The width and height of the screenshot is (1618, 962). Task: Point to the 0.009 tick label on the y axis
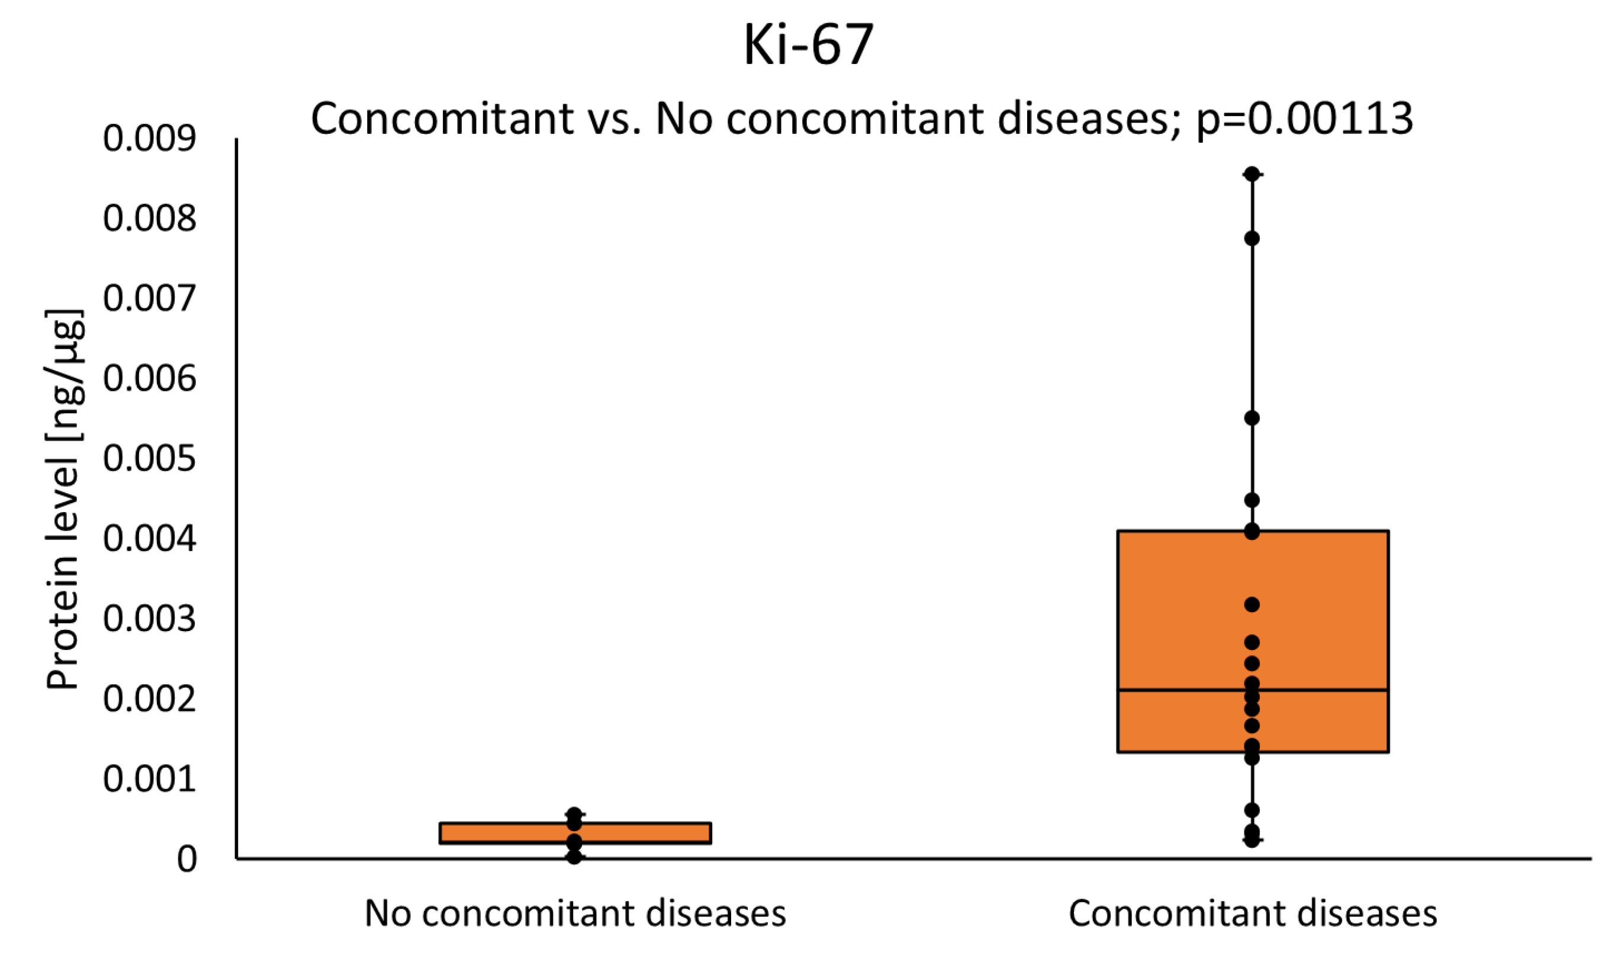tap(149, 138)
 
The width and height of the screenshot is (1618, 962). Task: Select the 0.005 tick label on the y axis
tap(149, 458)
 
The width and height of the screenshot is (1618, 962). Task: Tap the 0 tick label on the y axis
tap(186, 859)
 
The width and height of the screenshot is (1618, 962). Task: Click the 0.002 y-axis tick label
tap(149, 699)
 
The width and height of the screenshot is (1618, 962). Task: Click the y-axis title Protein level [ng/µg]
tap(63, 499)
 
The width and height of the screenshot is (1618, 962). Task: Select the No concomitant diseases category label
tap(575, 913)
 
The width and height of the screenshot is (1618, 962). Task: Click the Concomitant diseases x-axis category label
tap(1252, 913)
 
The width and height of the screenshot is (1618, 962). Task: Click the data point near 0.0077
tap(1252, 239)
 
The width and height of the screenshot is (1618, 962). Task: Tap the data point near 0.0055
tap(1252, 418)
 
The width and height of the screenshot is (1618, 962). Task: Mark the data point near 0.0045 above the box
tap(1252, 500)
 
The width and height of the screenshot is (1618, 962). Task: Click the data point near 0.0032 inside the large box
tap(1252, 605)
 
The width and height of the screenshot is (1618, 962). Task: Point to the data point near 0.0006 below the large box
tap(1252, 810)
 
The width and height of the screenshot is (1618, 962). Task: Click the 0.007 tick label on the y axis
tap(149, 298)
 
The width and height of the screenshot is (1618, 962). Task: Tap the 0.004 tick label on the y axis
tap(149, 538)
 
